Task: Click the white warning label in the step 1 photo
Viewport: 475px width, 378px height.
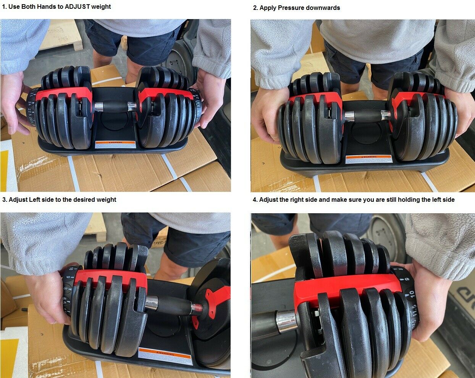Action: pyautogui.click(x=115, y=144)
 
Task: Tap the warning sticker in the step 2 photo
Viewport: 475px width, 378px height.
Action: pyautogui.click(x=368, y=159)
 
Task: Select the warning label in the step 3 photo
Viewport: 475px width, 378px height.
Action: pyautogui.click(x=165, y=357)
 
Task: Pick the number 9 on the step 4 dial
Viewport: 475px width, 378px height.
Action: pyautogui.click(x=407, y=280)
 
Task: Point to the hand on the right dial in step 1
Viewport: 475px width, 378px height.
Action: pyautogui.click(x=210, y=99)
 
